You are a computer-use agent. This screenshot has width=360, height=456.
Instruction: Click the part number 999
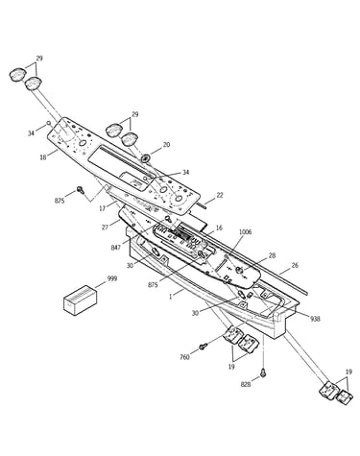click(x=112, y=278)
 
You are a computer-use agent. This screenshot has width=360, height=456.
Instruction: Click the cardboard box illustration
click(x=80, y=300)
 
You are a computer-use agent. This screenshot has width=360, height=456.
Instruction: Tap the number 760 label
click(x=184, y=357)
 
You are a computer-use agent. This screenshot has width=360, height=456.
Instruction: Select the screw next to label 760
click(x=203, y=347)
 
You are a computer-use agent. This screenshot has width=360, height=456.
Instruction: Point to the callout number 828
click(x=246, y=384)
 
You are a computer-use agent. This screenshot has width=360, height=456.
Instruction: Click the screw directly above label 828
click(x=263, y=372)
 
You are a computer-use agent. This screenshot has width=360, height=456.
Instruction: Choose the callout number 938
click(x=315, y=319)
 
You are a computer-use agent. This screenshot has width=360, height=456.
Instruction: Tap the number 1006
click(x=246, y=231)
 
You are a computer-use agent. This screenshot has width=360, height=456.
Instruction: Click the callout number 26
click(x=295, y=265)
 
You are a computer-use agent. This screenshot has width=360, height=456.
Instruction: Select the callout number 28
click(x=272, y=255)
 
